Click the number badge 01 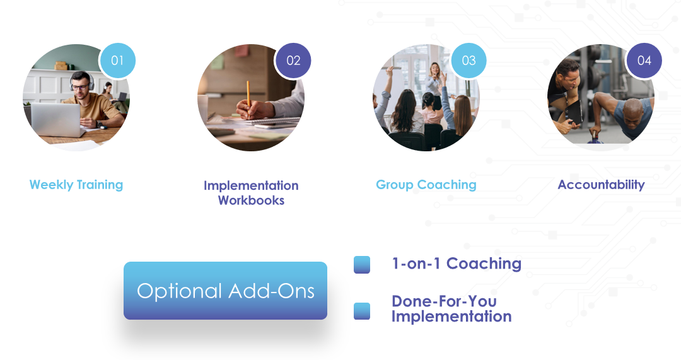[117, 61]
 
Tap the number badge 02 [293, 61]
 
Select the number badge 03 [469, 61]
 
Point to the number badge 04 [644, 61]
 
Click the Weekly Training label [76, 185]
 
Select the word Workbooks [251, 200]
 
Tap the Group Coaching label [426, 185]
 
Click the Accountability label [601, 185]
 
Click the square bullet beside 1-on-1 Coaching [362, 264]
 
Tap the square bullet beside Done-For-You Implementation [362, 311]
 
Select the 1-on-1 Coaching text [457, 264]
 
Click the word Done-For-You [444, 301]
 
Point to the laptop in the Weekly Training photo [55, 119]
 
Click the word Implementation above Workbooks [251, 185]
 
